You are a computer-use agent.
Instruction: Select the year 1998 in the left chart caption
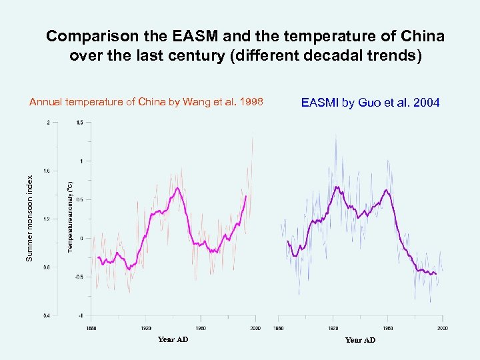click(x=249, y=102)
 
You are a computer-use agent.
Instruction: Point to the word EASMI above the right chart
click(x=320, y=103)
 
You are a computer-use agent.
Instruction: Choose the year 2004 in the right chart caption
click(x=425, y=103)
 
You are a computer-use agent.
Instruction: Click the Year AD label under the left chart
click(x=173, y=339)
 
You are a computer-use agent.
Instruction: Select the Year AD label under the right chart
click(x=360, y=340)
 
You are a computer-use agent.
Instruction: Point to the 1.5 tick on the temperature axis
click(x=79, y=122)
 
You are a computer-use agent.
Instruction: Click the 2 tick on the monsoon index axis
click(x=47, y=122)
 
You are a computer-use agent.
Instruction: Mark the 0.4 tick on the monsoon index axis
click(x=45, y=315)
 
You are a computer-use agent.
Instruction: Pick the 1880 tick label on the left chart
click(x=91, y=328)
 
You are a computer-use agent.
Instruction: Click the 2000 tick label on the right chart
click(x=443, y=328)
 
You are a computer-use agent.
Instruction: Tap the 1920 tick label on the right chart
click(x=333, y=328)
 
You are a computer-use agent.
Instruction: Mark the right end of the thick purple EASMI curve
click(x=436, y=274)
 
